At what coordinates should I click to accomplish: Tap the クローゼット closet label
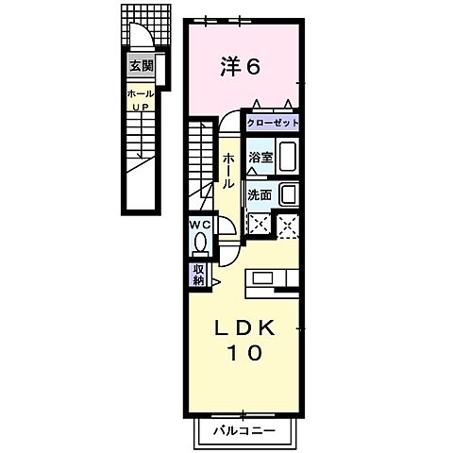[273, 124]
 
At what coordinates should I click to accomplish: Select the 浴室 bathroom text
[260, 158]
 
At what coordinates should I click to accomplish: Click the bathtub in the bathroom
[288, 158]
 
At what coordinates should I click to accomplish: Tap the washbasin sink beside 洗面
[289, 195]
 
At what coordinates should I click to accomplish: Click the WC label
[199, 225]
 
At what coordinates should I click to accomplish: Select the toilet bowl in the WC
[199, 243]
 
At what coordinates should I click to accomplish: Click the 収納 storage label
[199, 275]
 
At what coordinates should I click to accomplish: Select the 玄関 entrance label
[140, 68]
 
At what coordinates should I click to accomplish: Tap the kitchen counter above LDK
[272, 280]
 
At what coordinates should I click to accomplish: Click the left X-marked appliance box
[258, 225]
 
